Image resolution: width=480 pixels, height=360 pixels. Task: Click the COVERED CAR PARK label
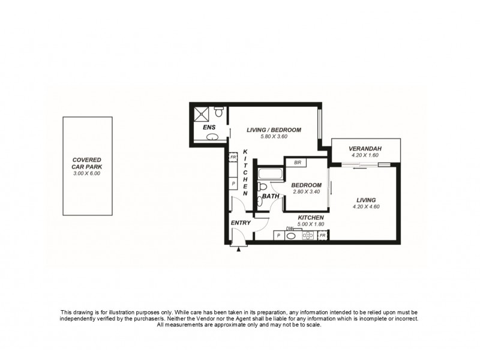(88, 164)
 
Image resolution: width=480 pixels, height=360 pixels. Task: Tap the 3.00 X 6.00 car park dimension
(88, 173)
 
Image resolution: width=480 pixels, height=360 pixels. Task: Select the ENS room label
(209, 127)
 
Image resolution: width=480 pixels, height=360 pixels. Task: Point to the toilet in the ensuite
(219, 112)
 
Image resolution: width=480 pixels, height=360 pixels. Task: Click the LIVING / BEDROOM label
(274, 130)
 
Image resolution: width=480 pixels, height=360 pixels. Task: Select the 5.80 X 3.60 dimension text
(274, 137)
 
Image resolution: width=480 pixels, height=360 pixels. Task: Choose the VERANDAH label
(366, 149)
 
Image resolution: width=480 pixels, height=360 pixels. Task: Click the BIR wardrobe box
(296, 162)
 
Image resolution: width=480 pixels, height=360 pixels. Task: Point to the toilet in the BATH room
(262, 187)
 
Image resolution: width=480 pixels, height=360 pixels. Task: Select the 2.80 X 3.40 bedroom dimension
(306, 192)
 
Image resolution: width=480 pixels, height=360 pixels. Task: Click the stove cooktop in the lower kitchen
(308, 236)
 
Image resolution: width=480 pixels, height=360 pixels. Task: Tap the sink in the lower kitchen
(292, 236)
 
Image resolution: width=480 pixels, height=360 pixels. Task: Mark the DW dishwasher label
(290, 229)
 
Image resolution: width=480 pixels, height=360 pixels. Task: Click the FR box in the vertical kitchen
(233, 157)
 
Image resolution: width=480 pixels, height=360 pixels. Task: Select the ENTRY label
(241, 223)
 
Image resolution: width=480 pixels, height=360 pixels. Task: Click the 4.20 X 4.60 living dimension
(366, 207)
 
